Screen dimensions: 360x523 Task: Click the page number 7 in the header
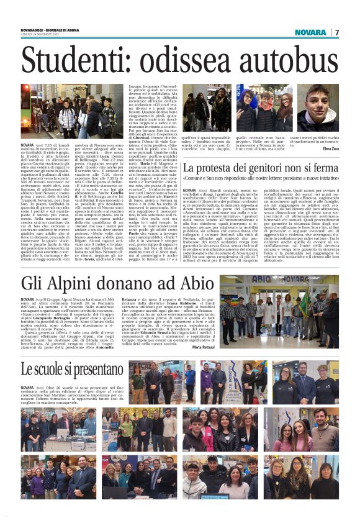pos(337,32)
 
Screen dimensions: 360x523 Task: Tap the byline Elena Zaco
pos(331,149)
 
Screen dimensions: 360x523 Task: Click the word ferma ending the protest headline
pos(323,169)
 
